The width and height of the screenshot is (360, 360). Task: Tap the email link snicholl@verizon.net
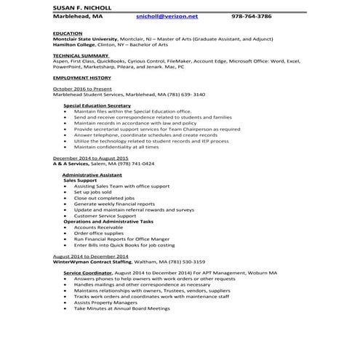[x=167, y=15]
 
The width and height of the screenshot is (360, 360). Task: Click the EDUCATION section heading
[x=68, y=33]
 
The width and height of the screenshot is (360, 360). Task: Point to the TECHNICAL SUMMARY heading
[x=81, y=55]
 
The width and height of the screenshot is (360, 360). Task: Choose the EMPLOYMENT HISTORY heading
[x=82, y=76]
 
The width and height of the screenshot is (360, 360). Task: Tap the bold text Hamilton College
[x=76, y=44]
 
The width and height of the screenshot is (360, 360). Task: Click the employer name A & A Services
[x=78, y=164]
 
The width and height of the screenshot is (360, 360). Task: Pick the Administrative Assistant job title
[x=91, y=175]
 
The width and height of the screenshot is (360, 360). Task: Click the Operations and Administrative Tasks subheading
[x=108, y=221]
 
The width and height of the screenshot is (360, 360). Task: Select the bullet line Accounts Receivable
[x=98, y=227]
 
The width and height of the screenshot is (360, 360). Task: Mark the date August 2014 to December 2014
[x=90, y=256]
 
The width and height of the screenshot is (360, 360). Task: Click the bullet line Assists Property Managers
[x=105, y=303]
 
